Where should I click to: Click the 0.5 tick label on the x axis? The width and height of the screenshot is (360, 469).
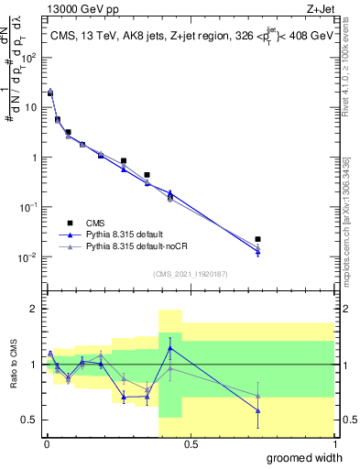190,443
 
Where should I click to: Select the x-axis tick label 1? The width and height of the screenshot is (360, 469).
333,443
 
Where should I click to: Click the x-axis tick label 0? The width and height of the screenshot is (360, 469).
46,443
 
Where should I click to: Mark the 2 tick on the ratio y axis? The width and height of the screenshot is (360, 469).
34,309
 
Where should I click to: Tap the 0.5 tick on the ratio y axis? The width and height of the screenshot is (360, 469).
30,420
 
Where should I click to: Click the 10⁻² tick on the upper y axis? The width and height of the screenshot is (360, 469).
30,256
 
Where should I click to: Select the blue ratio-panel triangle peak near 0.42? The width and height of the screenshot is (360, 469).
169,348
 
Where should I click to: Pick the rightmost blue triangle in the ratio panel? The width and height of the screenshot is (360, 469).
258,410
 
